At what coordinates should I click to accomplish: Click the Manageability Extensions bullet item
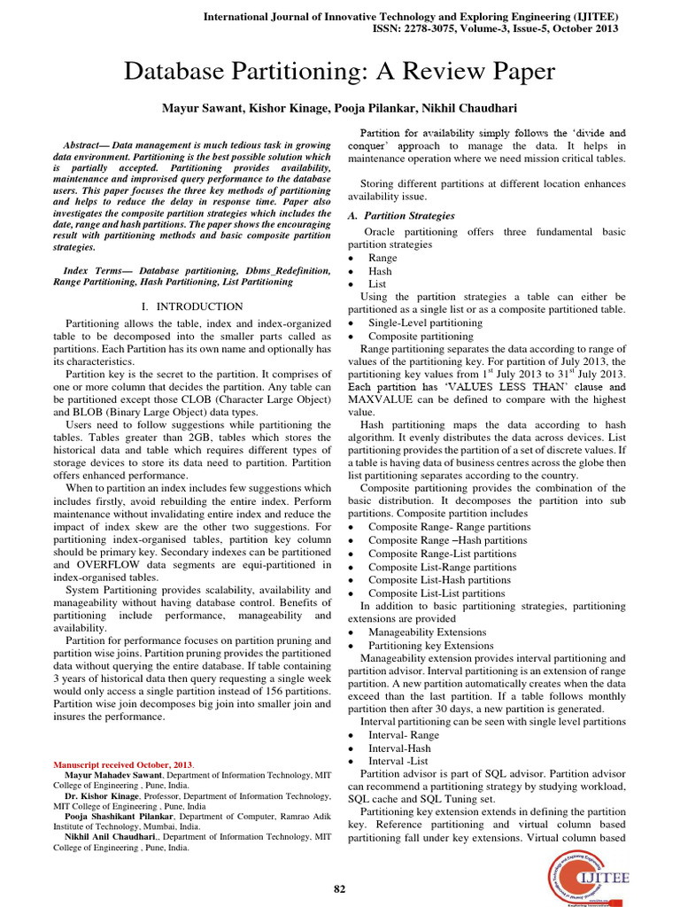tap(427, 632)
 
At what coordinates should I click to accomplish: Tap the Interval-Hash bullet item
tap(401, 748)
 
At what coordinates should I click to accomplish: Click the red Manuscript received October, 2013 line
tap(125, 764)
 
